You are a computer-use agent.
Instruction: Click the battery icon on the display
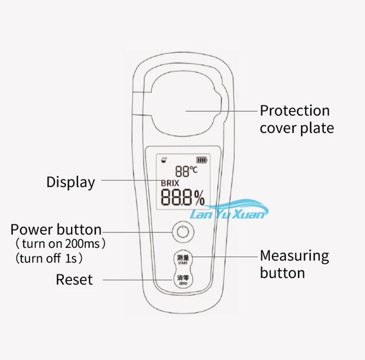click(201, 160)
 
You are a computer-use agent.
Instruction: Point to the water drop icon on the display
click(164, 160)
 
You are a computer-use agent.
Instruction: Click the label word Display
click(71, 182)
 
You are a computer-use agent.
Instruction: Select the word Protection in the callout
click(294, 111)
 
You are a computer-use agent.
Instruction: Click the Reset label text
click(74, 279)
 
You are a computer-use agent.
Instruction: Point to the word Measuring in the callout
click(294, 256)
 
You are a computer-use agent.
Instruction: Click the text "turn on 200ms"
click(60, 244)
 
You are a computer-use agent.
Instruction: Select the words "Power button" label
click(56, 229)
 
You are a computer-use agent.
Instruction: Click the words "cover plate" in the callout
click(297, 128)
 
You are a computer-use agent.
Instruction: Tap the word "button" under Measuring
click(282, 273)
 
